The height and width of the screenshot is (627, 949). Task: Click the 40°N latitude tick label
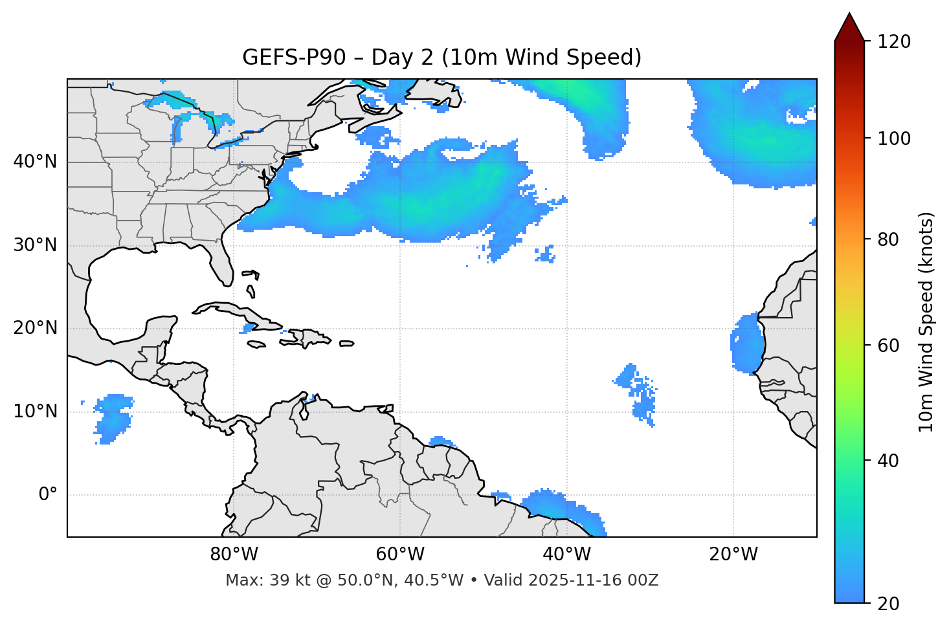point(35,162)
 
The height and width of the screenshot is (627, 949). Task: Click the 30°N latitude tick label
point(35,245)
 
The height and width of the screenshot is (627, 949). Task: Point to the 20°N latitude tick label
point(35,328)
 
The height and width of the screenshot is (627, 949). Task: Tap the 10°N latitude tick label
point(35,412)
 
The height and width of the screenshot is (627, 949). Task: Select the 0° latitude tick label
point(48,495)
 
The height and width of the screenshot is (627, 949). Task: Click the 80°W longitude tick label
point(234,555)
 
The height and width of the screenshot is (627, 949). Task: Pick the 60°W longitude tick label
point(400,555)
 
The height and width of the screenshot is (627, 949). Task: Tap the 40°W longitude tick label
point(566,555)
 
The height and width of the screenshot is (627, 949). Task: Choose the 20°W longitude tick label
point(733,555)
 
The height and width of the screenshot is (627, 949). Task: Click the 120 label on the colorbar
point(894,42)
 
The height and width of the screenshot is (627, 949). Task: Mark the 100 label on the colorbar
point(894,138)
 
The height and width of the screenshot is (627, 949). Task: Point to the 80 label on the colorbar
point(888,239)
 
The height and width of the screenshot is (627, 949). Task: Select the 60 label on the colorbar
point(888,346)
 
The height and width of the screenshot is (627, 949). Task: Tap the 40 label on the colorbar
point(888,461)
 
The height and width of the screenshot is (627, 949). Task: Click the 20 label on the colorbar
point(888,604)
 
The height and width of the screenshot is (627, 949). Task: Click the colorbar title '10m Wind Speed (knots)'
point(926,322)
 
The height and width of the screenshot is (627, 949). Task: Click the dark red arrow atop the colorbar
point(849,27)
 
